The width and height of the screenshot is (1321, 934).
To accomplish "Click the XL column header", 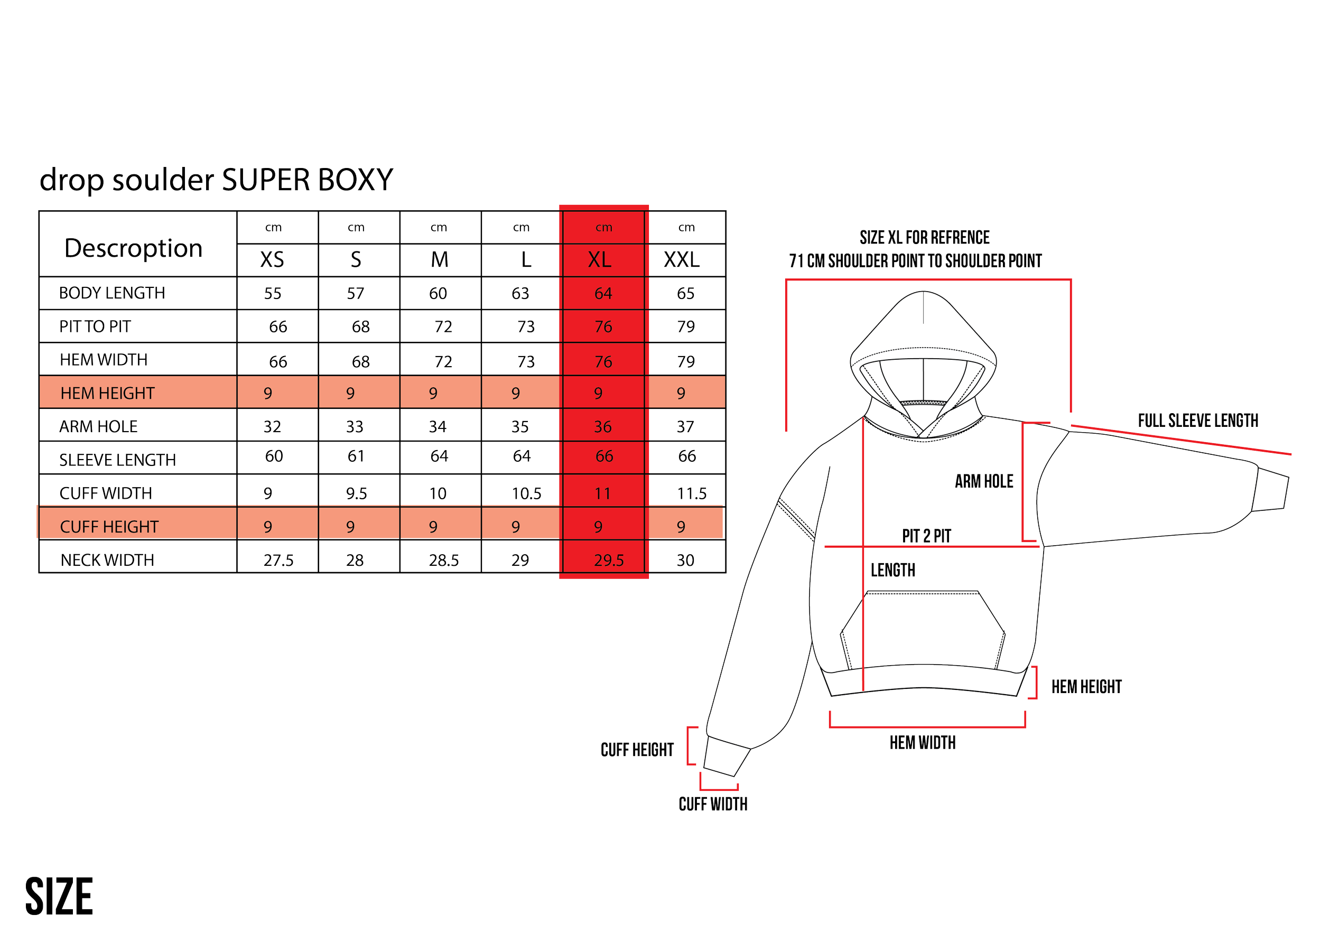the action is (600, 259).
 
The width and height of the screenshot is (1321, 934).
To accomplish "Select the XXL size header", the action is (682, 259).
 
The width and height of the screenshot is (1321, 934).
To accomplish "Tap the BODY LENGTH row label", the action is (111, 293).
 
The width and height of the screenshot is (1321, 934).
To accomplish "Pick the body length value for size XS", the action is (273, 294).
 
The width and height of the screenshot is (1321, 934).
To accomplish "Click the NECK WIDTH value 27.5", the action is (278, 560).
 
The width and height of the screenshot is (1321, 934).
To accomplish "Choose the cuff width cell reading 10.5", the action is (526, 493).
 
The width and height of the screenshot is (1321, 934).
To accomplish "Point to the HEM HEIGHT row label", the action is (108, 394).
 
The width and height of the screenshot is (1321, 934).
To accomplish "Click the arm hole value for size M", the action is (438, 427).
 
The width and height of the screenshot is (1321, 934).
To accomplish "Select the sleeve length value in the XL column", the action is (604, 456).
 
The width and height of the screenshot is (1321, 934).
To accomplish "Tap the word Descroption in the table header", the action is (134, 248).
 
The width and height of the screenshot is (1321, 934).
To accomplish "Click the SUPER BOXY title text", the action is (308, 180).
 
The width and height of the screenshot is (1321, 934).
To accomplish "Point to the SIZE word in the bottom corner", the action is (59, 896).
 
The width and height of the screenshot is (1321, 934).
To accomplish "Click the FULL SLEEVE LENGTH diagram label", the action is (1198, 421).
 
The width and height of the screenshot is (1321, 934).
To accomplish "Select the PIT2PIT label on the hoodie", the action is (926, 536).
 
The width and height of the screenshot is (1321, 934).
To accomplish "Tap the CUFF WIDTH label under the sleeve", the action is (713, 804).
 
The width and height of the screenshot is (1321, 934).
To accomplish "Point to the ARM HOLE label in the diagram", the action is (984, 481).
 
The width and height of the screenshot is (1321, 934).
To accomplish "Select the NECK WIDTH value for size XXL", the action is (686, 560).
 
